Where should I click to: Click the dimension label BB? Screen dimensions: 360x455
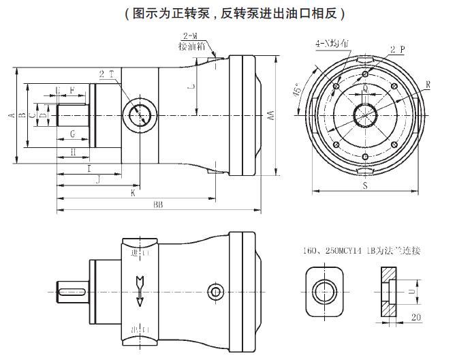tap(157, 204)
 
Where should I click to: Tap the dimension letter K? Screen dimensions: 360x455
tap(134, 193)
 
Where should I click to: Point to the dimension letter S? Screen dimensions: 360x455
tap(365, 184)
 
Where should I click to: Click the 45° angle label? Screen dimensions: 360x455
tap(298, 93)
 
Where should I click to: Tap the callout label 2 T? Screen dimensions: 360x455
tap(106, 74)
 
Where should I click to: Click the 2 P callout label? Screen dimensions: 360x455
tap(397, 50)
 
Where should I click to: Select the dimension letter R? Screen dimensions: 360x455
tap(427, 84)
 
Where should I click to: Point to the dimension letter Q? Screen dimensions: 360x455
tap(365, 89)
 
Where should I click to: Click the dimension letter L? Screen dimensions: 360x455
tap(191, 87)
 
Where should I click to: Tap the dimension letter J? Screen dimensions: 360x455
tap(98, 179)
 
